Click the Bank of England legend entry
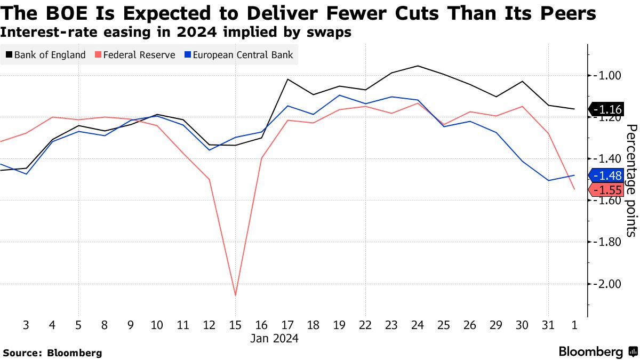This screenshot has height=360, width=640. coord(45,55)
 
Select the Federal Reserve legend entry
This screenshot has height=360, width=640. coord(134,55)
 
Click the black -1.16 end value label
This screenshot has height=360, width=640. coord(607,110)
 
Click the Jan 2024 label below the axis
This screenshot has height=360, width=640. coord(275,339)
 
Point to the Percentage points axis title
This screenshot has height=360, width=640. coord(631,180)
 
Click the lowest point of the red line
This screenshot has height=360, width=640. coord(235,295)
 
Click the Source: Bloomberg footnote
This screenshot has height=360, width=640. coord(52,353)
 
